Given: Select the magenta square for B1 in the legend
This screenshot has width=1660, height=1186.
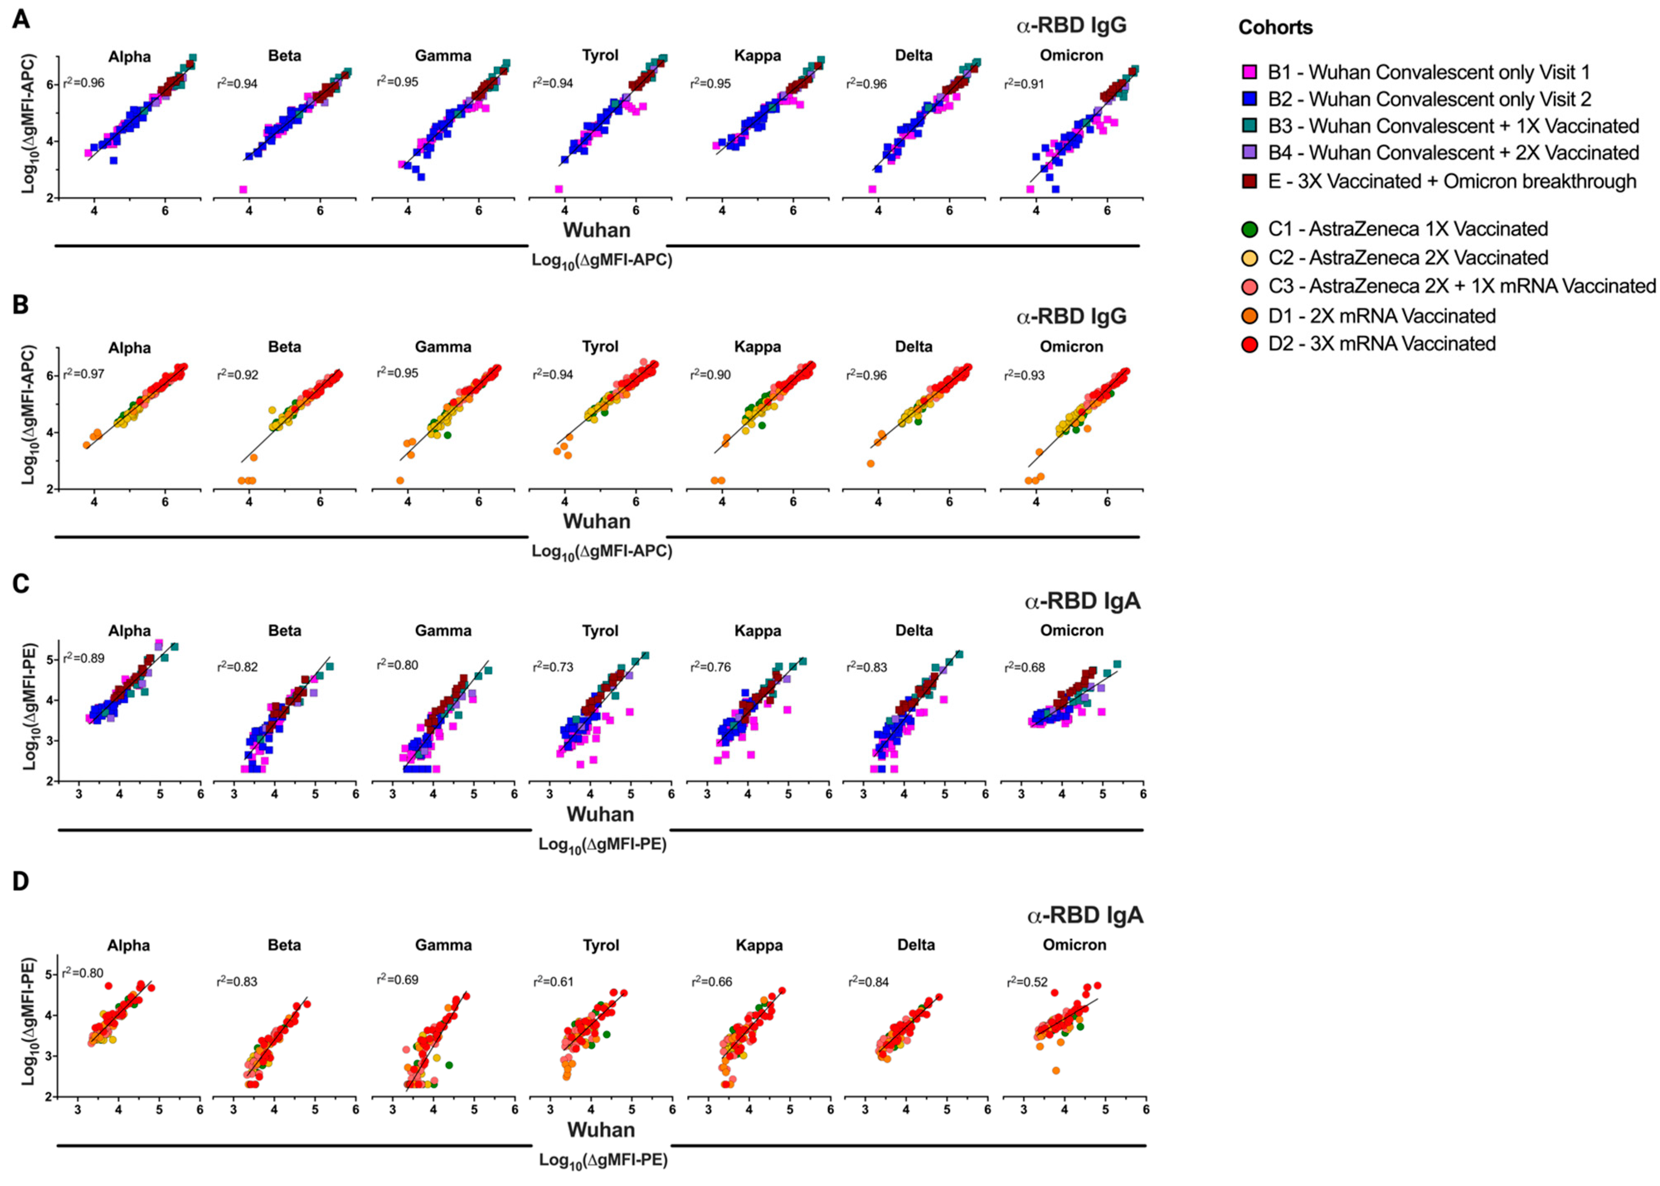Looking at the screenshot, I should [x=1248, y=72].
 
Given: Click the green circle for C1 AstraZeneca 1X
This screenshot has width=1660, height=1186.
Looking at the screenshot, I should [x=1249, y=228].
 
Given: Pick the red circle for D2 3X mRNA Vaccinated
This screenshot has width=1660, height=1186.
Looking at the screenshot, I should [x=1249, y=344].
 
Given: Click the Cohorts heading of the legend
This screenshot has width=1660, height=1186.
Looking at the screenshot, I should [x=1275, y=28].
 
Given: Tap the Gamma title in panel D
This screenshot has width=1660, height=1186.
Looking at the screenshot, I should [x=443, y=945].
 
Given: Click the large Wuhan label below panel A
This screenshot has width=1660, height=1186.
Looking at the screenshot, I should [x=597, y=230].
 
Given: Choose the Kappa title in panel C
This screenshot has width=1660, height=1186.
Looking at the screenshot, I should [x=757, y=630].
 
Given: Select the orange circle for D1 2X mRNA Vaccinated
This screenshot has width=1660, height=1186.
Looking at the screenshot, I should [x=1249, y=316].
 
